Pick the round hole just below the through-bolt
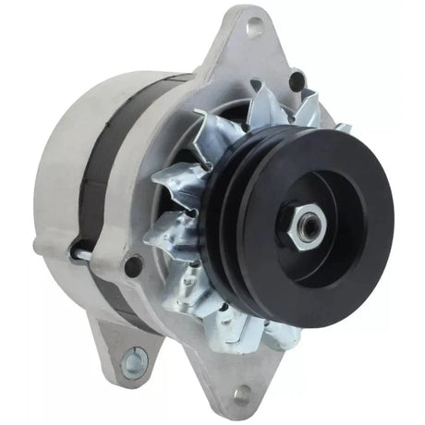(133, 267)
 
